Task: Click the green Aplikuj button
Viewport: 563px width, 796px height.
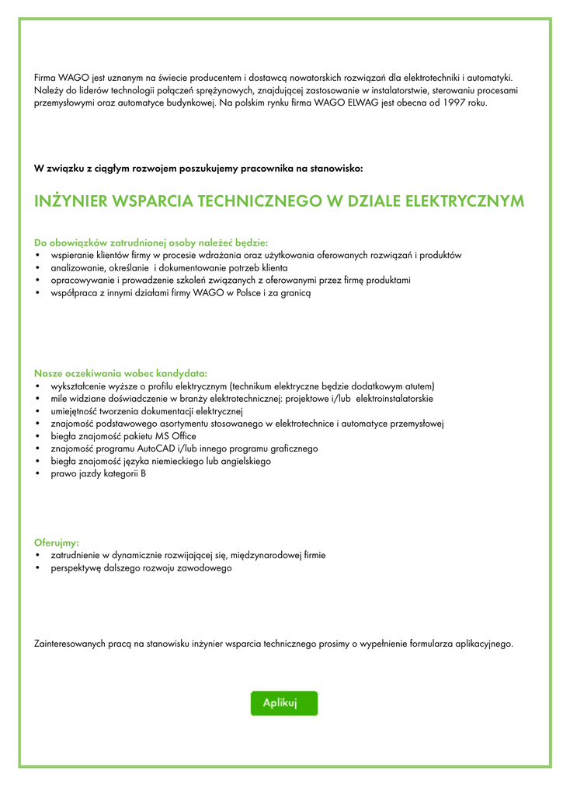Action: click(283, 703)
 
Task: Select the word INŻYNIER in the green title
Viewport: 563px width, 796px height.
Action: click(71, 201)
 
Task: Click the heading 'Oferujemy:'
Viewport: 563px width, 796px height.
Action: click(57, 543)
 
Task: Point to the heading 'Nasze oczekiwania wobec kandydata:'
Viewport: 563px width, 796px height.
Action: click(120, 373)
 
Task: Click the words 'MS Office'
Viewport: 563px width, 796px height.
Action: click(176, 436)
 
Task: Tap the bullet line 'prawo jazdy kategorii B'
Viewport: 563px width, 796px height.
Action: click(98, 473)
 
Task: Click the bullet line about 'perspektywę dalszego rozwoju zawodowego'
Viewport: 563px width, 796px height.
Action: click(141, 568)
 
